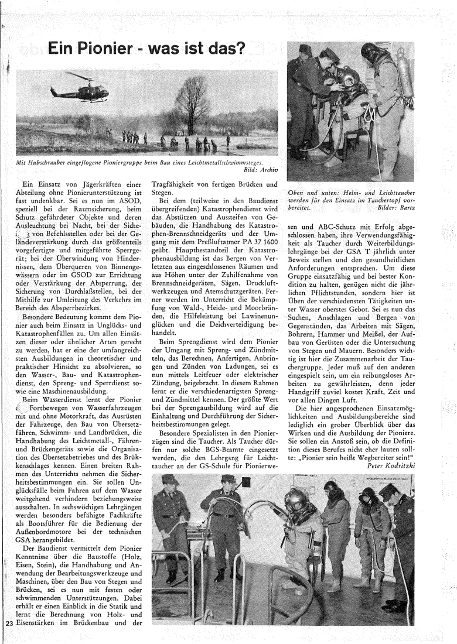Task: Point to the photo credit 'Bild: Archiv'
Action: (x=258, y=170)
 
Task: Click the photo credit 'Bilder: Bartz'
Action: (x=395, y=207)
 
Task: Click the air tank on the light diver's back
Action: (x=405, y=88)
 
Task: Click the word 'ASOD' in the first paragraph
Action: (x=127, y=200)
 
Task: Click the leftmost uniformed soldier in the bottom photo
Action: (x=171, y=515)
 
